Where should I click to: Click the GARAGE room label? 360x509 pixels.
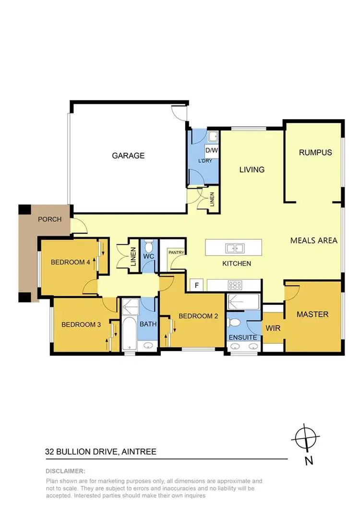pyautogui.click(x=128, y=156)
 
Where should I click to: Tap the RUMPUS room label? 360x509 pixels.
pyautogui.click(x=315, y=153)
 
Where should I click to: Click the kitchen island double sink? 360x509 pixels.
pyautogui.click(x=235, y=248)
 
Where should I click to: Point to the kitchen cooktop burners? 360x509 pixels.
pyautogui.click(x=235, y=285)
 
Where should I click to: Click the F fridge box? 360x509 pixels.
pyautogui.click(x=196, y=285)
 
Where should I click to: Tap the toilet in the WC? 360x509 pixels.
pyautogui.click(x=149, y=247)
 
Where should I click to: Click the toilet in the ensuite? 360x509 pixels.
pyautogui.click(x=235, y=321)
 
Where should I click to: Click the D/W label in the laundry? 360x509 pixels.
pyautogui.click(x=212, y=150)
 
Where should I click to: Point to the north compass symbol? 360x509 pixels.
pyautogui.click(x=305, y=438)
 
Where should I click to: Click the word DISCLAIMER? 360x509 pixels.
pyautogui.click(x=65, y=471)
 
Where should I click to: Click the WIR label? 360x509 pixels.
pyautogui.click(x=273, y=328)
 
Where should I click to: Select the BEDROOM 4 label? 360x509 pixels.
pyautogui.click(x=70, y=262)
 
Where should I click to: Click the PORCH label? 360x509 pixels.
pyautogui.click(x=49, y=219)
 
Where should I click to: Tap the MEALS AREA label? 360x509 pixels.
pyautogui.click(x=314, y=241)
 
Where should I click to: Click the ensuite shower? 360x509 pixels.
pyautogui.click(x=243, y=302)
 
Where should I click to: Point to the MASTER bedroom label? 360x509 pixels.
pyautogui.click(x=312, y=314)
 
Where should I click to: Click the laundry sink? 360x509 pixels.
pyautogui.click(x=213, y=137)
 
